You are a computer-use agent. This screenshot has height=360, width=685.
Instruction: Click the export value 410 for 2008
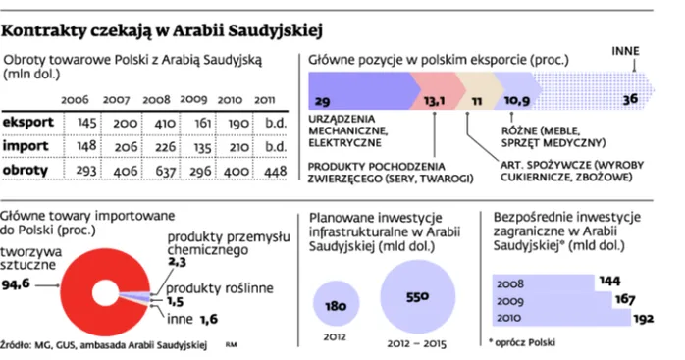165,124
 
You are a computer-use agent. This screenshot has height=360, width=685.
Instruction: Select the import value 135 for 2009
202,148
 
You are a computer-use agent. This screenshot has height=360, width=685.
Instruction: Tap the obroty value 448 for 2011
275,172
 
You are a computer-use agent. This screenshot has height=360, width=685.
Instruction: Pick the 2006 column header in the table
75,100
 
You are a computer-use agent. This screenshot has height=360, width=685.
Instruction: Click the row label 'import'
26,146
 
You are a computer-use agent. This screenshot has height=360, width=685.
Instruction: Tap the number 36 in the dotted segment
630,99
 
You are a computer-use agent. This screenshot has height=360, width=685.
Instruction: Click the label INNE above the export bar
625,51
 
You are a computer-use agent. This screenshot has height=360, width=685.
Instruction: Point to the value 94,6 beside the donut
16,284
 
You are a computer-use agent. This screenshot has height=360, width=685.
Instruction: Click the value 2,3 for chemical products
177,262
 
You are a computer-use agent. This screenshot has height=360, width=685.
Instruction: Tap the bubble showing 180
336,303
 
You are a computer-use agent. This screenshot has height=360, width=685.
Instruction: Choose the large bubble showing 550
418,297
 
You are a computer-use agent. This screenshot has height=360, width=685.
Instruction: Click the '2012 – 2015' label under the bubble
417,344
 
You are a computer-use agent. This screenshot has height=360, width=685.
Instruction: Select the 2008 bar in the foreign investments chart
544,283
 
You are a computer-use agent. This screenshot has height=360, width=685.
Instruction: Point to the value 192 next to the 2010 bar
643,319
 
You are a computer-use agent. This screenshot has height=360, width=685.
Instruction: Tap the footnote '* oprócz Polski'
522,342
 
